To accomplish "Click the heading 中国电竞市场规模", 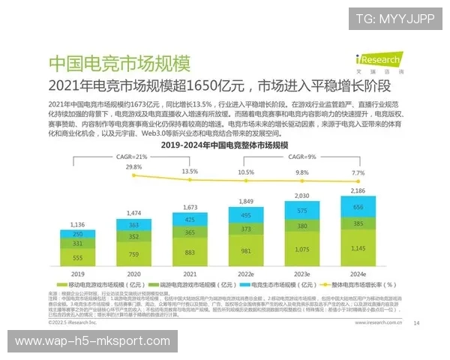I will (x=118, y=62).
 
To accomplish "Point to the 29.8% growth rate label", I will (x=133, y=166).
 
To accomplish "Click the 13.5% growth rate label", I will (x=189, y=171).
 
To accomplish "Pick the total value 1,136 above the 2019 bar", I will (x=78, y=224).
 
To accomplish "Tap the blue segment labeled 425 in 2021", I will (x=189, y=220).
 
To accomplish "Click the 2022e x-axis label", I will (x=245, y=275).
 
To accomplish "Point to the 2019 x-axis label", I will (x=78, y=275).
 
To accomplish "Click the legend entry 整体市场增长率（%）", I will (x=359, y=286).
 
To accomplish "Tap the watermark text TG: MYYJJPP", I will (x=394, y=18).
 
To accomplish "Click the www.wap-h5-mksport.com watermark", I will (x=92, y=341).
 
